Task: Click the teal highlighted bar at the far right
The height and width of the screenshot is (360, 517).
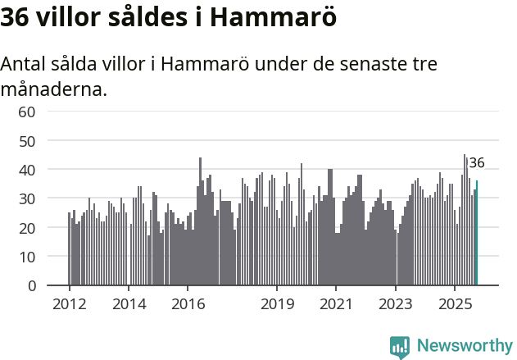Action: [477, 234]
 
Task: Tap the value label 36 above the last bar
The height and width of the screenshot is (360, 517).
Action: [477, 163]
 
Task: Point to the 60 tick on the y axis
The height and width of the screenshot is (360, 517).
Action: [27, 112]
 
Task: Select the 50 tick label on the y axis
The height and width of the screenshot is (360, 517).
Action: [27, 141]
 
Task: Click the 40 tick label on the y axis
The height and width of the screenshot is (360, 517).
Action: [27, 170]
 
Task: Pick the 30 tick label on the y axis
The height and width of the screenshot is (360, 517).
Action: [27, 199]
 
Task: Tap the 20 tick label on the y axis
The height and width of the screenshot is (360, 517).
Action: [27, 228]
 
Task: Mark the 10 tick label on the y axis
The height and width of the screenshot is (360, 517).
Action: [27, 257]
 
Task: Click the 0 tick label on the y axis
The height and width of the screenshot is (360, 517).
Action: [31, 286]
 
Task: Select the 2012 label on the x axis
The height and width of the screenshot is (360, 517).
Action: [69, 303]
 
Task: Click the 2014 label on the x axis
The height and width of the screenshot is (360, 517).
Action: [129, 303]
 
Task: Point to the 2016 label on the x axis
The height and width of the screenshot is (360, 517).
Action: [188, 303]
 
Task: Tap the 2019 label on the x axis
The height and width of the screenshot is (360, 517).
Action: [277, 303]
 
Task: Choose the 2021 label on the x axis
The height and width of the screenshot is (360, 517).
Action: [336, 303]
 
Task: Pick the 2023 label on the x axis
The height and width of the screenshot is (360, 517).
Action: [396, 303]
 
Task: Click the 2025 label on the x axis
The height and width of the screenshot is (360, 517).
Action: [455, 303]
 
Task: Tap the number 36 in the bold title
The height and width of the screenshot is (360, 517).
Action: [16, 18]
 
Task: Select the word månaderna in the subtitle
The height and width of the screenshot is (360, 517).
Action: [53, 89]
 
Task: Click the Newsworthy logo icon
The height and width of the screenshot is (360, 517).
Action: [400, 347]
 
